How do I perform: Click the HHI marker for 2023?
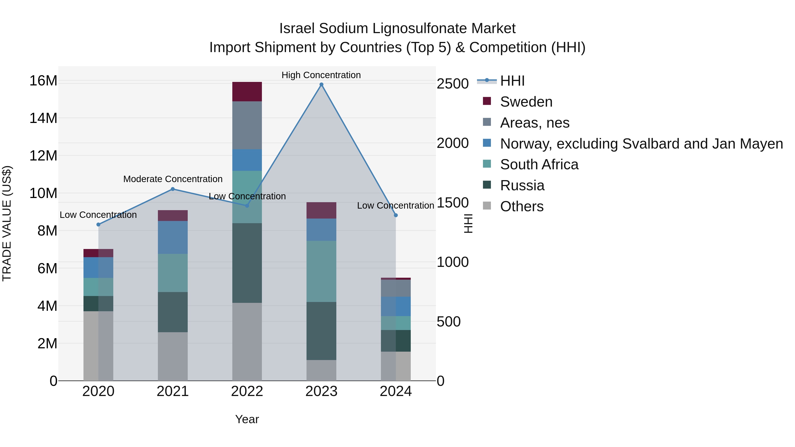[321, 85]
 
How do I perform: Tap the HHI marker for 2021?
[172, 189]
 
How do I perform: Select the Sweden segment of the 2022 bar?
[247, 92]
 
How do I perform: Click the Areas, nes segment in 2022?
[247, 125]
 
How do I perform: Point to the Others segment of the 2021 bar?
[172, 356]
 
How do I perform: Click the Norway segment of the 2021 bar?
[172, 237]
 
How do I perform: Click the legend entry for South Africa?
[539, 164]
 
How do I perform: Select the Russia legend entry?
[522, 185]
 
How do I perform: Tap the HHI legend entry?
[512, 81]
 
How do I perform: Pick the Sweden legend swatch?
[487, 101]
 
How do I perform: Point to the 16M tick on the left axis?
[43, 81]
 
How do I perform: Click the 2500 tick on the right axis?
[453, 84]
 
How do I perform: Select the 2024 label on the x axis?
[396, 391]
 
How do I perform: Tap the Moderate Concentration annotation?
[173, 179]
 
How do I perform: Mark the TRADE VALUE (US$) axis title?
[7, 223]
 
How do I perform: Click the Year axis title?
[247, 419]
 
